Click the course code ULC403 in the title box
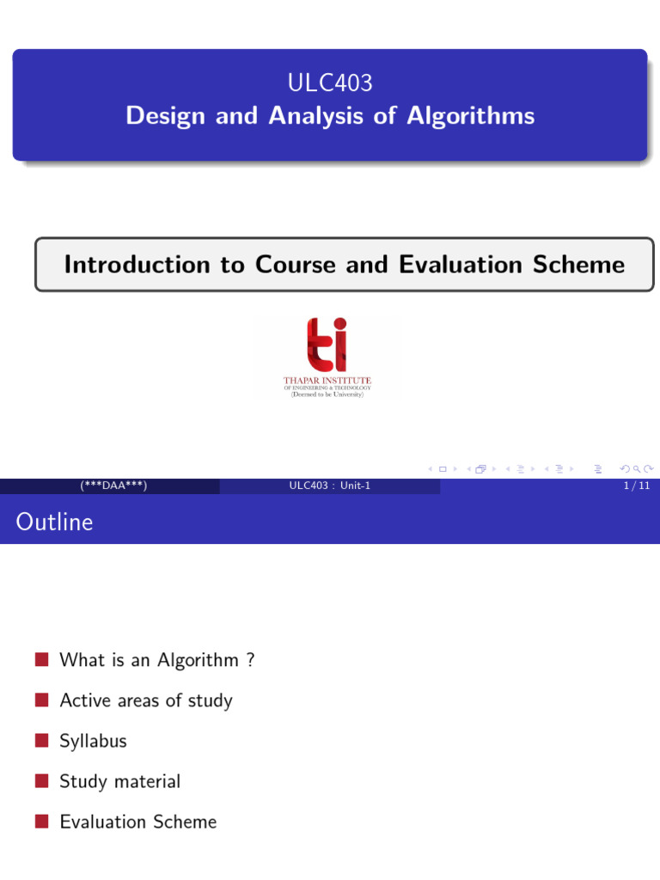(330, 82)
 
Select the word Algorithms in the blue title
(470, 116)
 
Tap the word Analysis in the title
(316, 116)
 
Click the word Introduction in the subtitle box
(155, 265)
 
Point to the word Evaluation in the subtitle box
(461, 265)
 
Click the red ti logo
(327, 345)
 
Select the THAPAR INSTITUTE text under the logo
(327, 381)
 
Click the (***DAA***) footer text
(113, 486)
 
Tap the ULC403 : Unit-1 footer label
(329, 486)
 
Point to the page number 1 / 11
(637, 486)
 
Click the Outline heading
(54, 522)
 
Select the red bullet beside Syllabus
(41, 740)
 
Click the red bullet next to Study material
(41, 780)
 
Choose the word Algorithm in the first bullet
(199, 661)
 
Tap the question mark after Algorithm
(250, 659)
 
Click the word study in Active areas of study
(210, 701)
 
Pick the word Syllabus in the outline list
(93, 742)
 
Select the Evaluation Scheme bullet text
(138, 822)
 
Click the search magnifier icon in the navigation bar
(637, 468)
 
